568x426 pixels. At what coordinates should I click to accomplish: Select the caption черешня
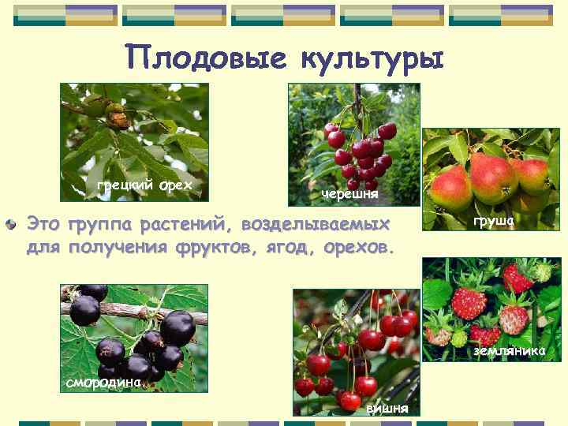tap(349, 193)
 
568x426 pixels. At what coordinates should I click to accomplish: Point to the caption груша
tap(493, 222)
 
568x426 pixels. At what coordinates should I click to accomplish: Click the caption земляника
tap(509, 350)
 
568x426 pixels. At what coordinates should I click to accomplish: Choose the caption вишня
tap(387, 408)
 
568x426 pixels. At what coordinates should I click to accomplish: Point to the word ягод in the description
tap(282, 248)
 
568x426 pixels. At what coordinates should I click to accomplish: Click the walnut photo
tap(134, 130)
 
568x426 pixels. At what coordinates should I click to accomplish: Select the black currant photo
tap(134, 331)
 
